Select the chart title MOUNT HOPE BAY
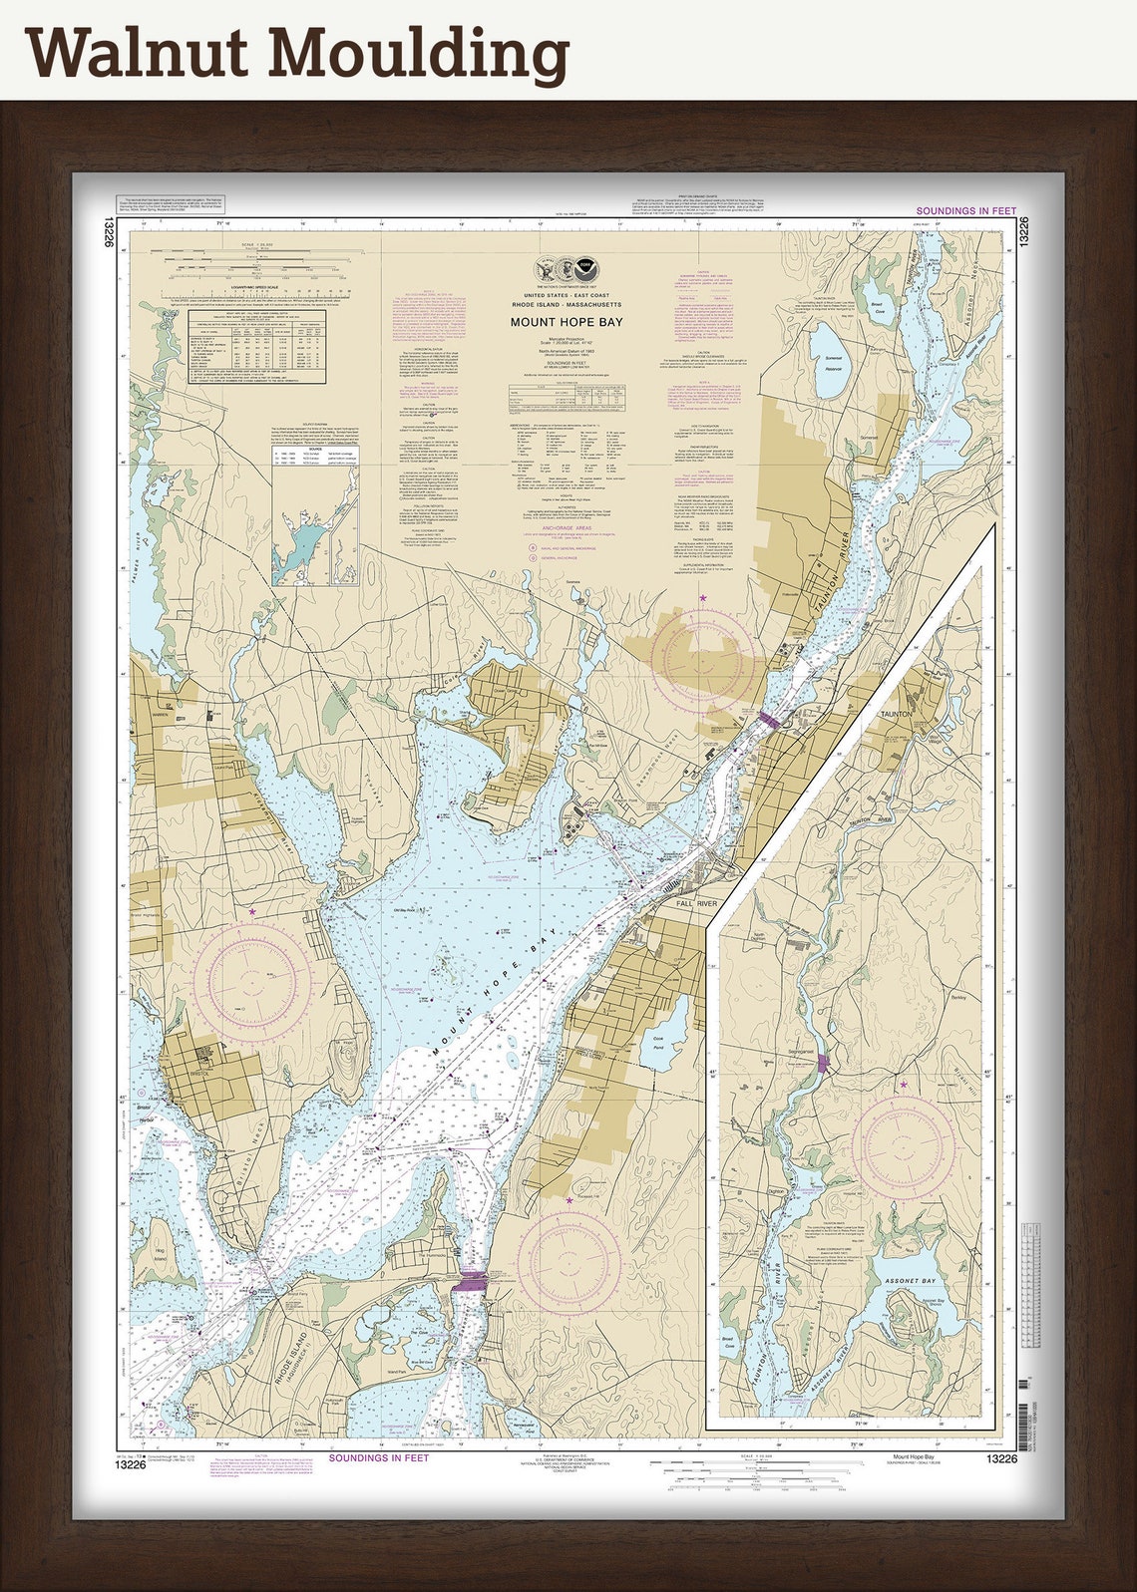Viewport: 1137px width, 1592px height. pos(567,322)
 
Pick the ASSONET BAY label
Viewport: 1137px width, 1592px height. pos(909,1281)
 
